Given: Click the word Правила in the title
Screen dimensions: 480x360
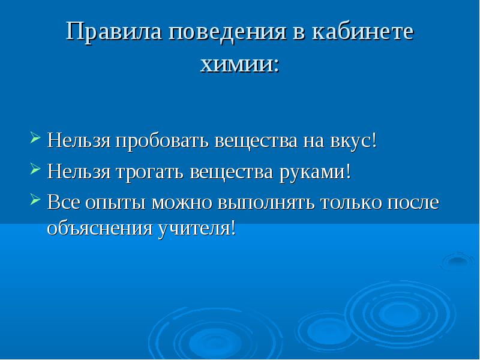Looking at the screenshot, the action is tap(114, 31).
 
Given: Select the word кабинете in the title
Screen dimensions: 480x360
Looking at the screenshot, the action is tap(363, 31).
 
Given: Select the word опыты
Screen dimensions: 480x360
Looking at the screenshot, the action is tap(115, 203).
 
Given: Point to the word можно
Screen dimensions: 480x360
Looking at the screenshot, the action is tap(182, 203).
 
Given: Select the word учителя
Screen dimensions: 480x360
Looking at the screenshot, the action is tap(194, 229).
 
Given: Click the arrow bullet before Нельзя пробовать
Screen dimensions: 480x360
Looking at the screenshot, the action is tap(35, 137).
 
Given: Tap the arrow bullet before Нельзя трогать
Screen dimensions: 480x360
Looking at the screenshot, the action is tap(35, 169).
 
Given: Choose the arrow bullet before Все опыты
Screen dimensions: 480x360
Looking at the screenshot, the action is tap(35, 199).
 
